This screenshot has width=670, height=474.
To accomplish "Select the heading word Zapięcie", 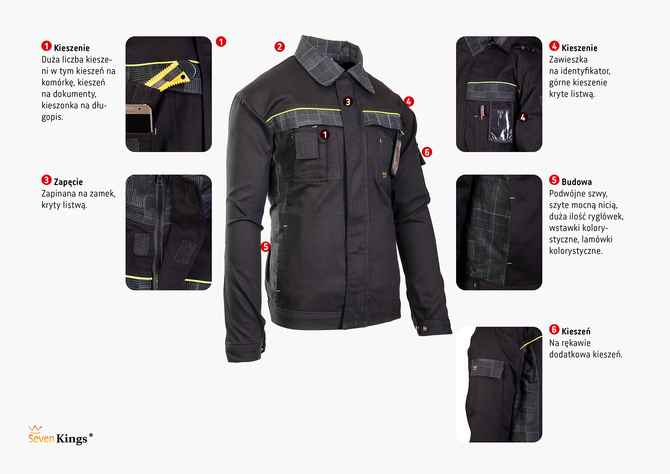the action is click(x=68, y=182).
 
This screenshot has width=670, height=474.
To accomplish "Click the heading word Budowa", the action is click(x=576, y=182).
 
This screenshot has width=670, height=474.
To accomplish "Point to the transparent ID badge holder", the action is click(x=500, y=125).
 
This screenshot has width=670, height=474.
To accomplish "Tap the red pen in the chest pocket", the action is click(x=482, y=112).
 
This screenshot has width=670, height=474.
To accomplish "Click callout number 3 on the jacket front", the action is click(x=348, y=102).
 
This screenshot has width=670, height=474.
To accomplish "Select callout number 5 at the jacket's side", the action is click(x=266, y=247).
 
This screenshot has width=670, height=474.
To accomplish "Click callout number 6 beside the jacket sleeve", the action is click(x=427, y=152).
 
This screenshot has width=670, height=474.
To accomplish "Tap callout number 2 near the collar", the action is click(x=280, y=46).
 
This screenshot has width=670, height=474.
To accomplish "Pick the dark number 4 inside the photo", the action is click(x=523, y=117).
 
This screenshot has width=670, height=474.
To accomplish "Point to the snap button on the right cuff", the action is click(x=425, y=328).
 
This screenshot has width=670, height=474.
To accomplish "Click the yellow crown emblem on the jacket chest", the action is click(x=385, y=174).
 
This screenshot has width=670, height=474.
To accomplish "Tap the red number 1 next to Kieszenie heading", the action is click(x=46, y=46).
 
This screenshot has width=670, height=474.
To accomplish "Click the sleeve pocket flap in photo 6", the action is click(x=487, y=368).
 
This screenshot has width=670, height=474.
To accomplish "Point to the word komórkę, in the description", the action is click(x=58, y=83).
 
